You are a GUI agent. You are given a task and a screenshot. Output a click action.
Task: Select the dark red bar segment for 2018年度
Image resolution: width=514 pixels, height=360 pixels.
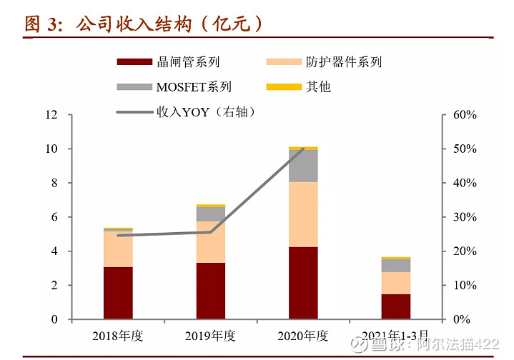pos(118,293)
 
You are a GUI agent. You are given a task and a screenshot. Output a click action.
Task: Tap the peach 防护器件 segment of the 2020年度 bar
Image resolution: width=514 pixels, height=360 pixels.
pos(303,214)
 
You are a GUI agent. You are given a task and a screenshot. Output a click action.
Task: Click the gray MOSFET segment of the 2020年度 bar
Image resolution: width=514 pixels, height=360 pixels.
pos(303,166)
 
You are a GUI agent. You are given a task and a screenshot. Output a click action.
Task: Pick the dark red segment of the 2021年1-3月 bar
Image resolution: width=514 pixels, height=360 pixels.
pos(396,306)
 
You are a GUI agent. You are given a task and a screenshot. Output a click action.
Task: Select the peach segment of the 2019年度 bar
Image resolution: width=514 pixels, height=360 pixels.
pos(211,241)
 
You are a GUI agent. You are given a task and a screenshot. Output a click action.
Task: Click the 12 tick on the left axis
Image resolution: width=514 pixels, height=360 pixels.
pos(51,115)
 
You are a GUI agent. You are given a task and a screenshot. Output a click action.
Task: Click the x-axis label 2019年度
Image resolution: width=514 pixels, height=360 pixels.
pos(211,336)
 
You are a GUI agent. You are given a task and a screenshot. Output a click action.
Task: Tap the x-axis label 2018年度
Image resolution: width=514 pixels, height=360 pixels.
pos(118,336)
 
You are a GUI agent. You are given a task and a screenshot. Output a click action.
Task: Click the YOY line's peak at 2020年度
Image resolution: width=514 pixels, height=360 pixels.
pos(303,149)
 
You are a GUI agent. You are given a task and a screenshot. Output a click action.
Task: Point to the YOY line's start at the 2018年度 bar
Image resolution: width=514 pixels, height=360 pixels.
pos(118,235)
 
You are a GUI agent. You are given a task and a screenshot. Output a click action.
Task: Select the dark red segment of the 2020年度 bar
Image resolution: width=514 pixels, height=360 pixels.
pos(303,282)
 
